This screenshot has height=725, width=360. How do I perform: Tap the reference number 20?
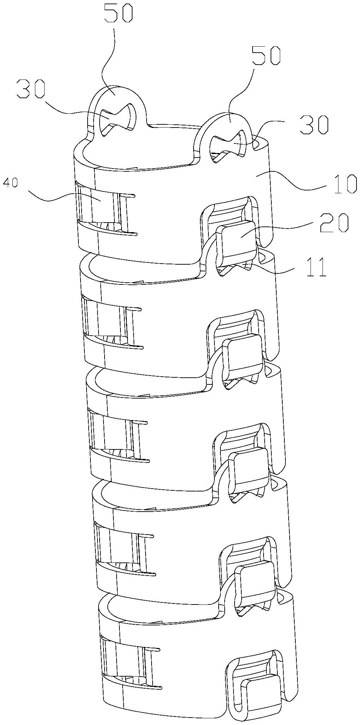pyautogui.click(x=334, y=223)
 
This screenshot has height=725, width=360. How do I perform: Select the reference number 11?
pyautogui.click(x=317, y=269)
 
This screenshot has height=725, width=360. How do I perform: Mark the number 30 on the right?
pyautogui.click(x=313, y=126)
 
